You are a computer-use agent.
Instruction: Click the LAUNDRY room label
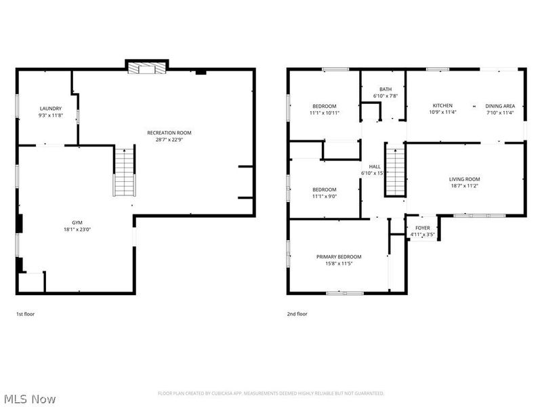[51, 109]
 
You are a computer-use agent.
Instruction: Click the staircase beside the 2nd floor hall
[394, 170]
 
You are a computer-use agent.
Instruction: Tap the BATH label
[385, 89]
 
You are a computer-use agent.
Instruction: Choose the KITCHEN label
[443, 106]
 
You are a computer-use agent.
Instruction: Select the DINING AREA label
[500, 106]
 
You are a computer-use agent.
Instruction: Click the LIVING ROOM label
[464, 179]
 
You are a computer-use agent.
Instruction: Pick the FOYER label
[422, 228]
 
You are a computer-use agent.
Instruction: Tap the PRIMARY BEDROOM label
[339, 256]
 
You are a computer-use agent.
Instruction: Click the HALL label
[375, 166]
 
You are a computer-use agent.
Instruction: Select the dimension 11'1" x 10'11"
[325, 113]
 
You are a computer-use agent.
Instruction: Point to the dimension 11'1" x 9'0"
[325, 197]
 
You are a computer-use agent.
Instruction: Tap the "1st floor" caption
[27, 314]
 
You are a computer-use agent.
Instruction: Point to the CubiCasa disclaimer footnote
[271, 393]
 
